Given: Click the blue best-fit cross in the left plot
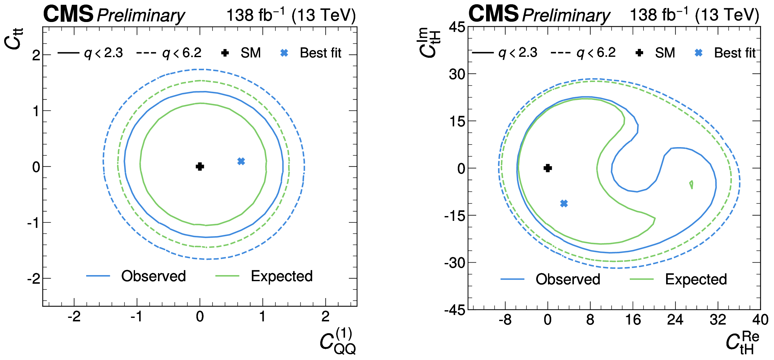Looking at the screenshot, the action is click(x=241, y=161).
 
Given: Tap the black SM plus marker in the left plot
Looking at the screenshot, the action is click(x=200, y=166).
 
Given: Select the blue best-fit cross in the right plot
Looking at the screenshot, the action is click(x=564, y=203).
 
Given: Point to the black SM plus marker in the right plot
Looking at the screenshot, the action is click(x=548, y=168).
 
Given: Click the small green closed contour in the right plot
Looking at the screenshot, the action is click(x=691, y=184).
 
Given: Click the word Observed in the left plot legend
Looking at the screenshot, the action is click(x=153, y=276).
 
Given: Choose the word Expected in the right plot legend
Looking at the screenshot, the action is click(x=696, y=279).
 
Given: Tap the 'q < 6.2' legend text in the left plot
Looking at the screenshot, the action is click(x=182, y=53).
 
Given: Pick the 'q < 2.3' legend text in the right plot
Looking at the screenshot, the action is click(x=518, y=53).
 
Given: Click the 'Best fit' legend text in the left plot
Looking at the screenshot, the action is click(x=320, y=53).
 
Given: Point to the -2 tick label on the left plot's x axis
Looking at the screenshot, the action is click(x=74, y=317).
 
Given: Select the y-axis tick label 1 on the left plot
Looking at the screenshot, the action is click(x=36, y=111).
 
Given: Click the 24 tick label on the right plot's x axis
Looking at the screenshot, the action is click(x=675, y=319).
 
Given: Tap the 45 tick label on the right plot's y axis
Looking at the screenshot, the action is click(x=457, y=27).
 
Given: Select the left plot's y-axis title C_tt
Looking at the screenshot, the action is click(x=14, y=39).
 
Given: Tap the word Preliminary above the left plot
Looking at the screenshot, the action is click(x=141, y=15).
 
